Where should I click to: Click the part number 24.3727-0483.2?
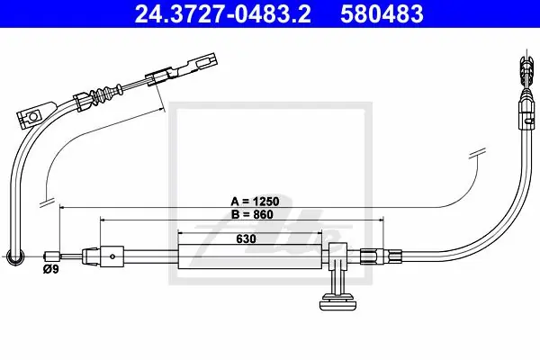pos(222,13)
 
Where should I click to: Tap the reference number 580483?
pos(382,13)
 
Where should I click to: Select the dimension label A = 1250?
pos(255,202)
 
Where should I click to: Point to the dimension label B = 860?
pos(252,214)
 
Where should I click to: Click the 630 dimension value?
pos(246,238)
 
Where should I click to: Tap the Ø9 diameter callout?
pos(51,269)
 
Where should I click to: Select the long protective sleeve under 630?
pos(249,256)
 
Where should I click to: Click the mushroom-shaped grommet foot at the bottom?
pos(337,301)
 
